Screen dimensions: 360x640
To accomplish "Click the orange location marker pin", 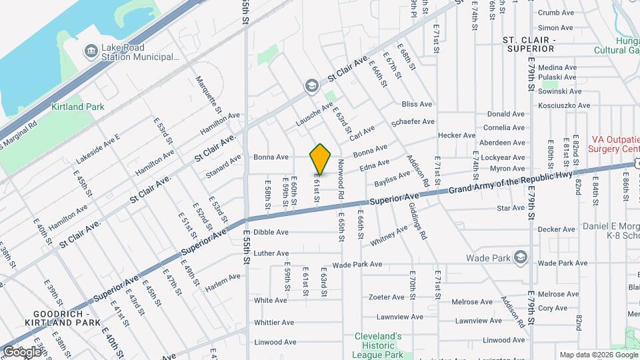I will (321, 159).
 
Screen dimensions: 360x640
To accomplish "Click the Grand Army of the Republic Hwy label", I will (511, 183).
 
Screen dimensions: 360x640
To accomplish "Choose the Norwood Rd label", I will (341, 179).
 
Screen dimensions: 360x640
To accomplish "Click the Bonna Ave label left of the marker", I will (271, 157).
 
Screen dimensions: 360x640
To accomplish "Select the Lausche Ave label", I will (314, 115).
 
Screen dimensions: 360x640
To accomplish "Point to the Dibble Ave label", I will (271, 232).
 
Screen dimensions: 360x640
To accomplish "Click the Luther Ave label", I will (271, 253).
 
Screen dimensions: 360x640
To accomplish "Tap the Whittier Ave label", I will (271, 323).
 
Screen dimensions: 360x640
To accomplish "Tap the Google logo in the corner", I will (22, 351).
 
